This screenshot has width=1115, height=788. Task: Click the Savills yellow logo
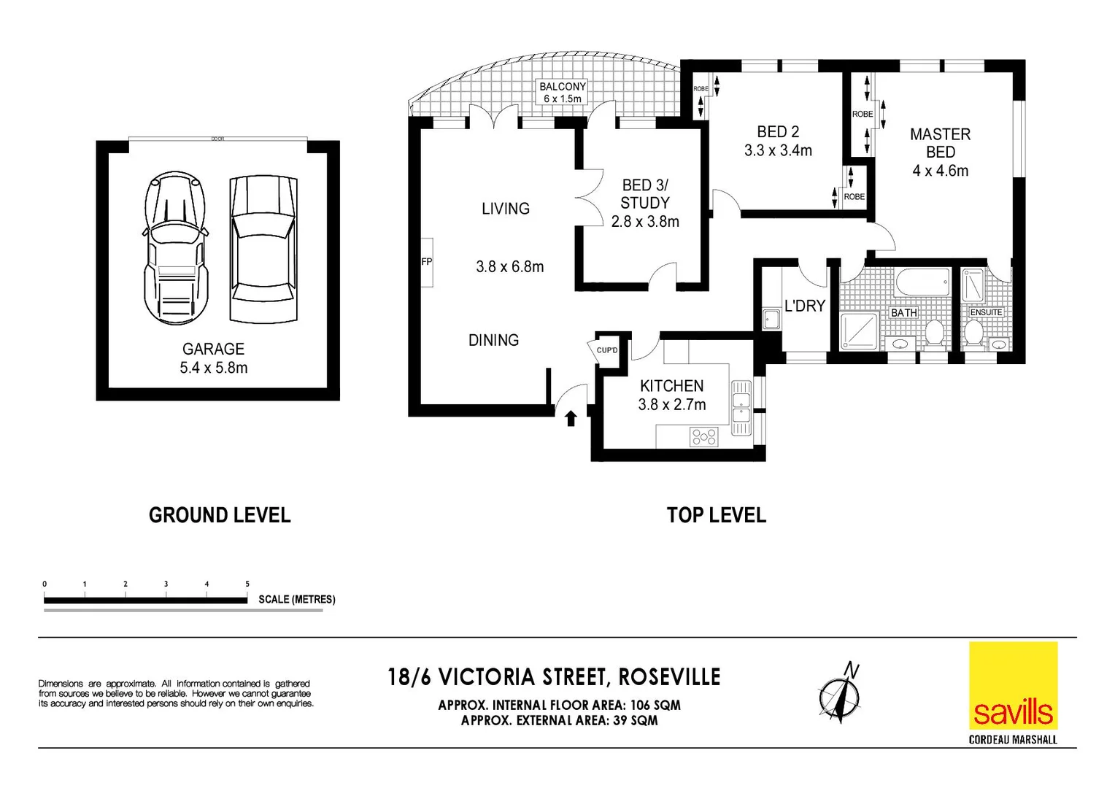pos(1013,687)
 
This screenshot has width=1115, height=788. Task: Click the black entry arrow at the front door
pos(571,418)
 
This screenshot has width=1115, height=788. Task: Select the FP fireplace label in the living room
pos(426,262)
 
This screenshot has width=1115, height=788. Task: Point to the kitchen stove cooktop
pos(704,437)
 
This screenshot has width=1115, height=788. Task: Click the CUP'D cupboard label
pos(607,350)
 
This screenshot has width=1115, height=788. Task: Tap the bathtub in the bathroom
pos(922,282)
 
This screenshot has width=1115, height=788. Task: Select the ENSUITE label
pos(986,312)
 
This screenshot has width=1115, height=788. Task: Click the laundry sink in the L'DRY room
pos(771,319)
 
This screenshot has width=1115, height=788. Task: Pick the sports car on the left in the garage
pos(175,248)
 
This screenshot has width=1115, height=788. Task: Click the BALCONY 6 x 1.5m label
pos(563,93)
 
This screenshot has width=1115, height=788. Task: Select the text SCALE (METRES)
pos(297,600)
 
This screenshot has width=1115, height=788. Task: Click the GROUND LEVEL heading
pos(220,516)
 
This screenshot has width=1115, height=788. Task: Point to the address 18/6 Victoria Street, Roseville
pos(554,677)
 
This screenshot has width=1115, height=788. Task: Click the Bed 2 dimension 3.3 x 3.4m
pos(778,151)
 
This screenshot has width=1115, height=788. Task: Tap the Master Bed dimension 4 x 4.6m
pos(940,171)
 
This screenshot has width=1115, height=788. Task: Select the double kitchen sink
pos(741,408)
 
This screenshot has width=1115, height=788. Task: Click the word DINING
pos(493,340)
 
